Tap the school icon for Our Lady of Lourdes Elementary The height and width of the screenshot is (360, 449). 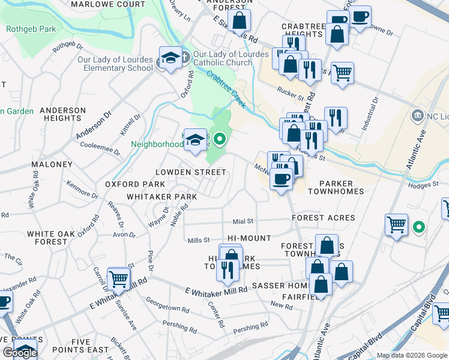click(x=170, y=58)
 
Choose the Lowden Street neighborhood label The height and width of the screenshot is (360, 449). click(x=191, y=172)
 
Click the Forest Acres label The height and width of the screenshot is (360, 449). click(x=324, y=218)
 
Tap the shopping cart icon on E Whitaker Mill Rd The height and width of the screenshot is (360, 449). click(x=119, y=278)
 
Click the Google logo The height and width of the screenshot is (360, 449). click(x=19, y=353)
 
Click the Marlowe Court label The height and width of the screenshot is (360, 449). click(x=108, y=4)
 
